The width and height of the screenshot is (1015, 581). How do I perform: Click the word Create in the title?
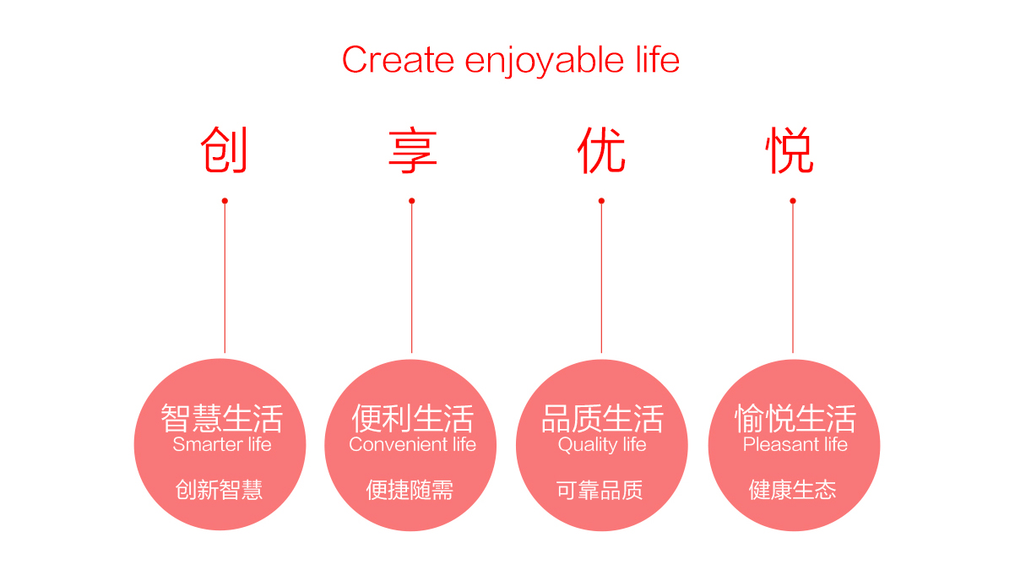(x=398, y=60)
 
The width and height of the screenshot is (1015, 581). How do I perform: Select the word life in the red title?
(x=658, y=59)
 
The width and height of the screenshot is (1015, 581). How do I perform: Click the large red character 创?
(x=224, y=149)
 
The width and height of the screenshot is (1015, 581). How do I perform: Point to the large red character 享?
(x=412, y=151)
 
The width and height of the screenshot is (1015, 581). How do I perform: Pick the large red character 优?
(x=601, y=149)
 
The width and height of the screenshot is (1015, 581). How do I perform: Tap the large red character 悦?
(x=790, y=150)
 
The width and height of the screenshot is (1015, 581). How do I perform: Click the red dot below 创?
(x=225, y=201)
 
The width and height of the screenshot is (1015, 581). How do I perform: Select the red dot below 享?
(x=411, y=201)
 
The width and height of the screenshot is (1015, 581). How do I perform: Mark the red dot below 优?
(x=601, y=201)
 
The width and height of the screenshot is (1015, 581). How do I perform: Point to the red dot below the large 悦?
(x=793, y=201)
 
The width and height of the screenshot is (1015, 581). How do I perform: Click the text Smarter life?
(x=222, y=444)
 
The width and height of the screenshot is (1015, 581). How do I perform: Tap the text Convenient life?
(x=412, y=444)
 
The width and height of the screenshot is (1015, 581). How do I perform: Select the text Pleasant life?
(x=795, y=444)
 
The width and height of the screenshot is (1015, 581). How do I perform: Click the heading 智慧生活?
(x=221, y=418)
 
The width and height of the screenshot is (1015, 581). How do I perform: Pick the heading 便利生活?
(x=412, y=418)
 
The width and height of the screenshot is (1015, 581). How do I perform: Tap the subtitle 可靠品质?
(x=600, y=491)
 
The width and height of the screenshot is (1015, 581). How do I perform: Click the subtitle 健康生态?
(x=793, y=490)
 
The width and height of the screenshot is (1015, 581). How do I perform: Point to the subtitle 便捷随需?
(x=410, y=490)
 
